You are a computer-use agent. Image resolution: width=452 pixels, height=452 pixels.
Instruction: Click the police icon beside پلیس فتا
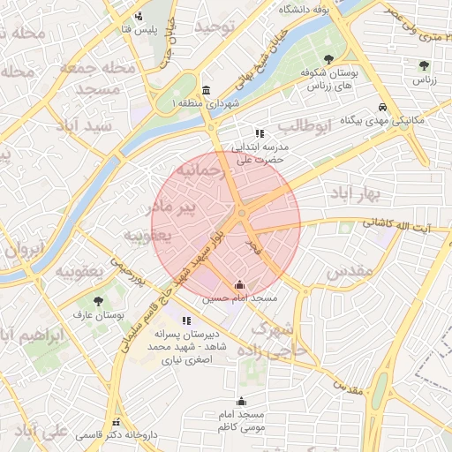pos(139,16)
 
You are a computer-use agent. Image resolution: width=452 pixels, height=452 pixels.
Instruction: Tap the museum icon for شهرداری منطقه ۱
pos(206,91)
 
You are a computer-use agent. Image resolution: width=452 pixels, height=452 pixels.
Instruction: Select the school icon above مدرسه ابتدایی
pos(259,133)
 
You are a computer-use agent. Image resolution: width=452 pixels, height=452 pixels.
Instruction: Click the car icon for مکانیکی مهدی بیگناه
pos(381,106)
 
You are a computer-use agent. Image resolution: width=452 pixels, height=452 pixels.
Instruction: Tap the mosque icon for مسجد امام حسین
pos(239,285)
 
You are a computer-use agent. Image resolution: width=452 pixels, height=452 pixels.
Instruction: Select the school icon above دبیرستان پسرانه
pos(186,320)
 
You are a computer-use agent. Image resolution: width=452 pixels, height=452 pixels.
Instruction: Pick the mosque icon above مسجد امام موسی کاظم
pos(241,402)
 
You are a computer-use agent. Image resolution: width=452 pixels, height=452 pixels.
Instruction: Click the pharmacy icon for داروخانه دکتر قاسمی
pos(116,422)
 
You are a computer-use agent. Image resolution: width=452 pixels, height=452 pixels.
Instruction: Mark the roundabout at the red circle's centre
pos(241,213)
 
